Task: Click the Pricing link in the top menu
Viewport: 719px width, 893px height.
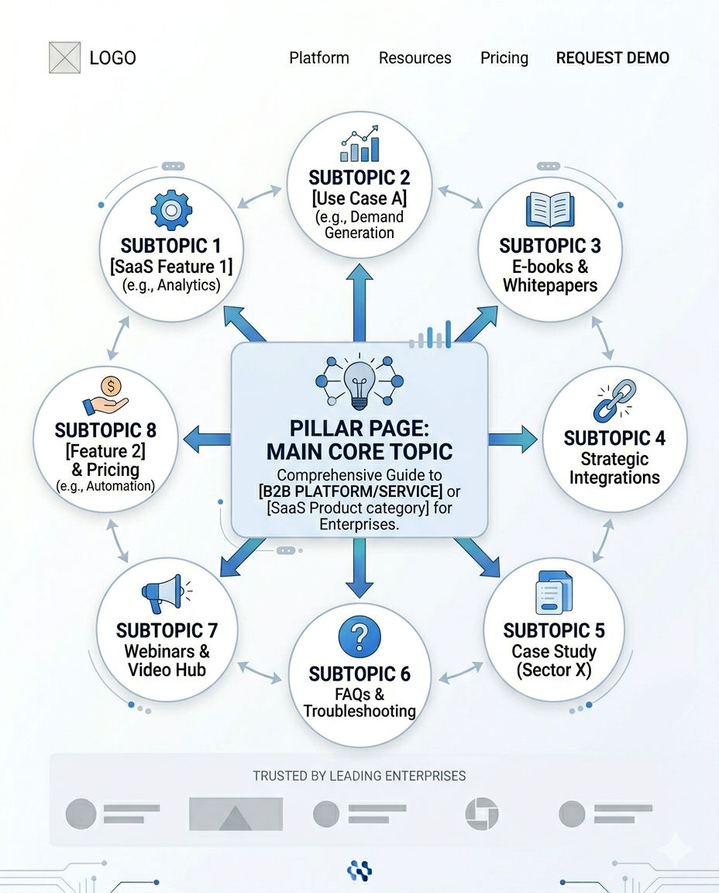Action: [x=504, y=58]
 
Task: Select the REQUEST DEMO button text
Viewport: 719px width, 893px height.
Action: [x=612, y=58]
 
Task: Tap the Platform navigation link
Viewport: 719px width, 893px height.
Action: [x=318, y=58]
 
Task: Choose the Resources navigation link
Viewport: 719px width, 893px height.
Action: [x=415, y=58]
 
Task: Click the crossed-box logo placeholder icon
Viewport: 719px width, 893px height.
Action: [x=64, y=57]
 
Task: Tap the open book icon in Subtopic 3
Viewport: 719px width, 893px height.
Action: [x=549, y=209]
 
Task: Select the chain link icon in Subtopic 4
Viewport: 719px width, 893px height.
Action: [x=614, y=401]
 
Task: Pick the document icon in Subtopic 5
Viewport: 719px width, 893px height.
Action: [x=554, y=595]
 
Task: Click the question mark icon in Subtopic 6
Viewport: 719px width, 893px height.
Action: [x=359, y=637]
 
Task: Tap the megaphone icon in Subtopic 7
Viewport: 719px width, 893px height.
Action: [x=162, y=594]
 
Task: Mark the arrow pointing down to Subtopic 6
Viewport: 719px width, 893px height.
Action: [x=359, y=570]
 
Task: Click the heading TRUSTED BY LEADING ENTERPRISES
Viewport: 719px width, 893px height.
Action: [x=359, y=775]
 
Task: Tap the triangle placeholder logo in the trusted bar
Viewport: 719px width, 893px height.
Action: [x=236, y=815]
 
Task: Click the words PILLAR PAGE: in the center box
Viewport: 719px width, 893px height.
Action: [x=359, y=428]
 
